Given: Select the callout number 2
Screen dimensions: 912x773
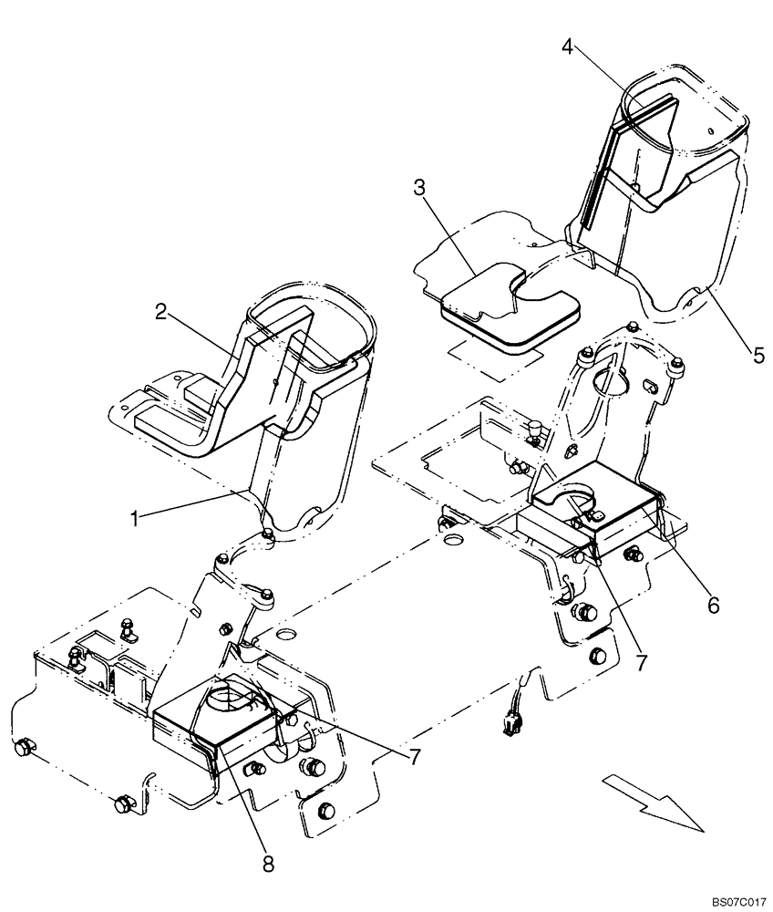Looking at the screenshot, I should pyautogui.click(x=160, y=312).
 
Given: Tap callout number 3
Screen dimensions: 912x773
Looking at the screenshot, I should pyautogui.click(x=418, y=189).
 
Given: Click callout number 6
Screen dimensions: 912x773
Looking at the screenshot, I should pyautogui.click(x=714, y=603).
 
